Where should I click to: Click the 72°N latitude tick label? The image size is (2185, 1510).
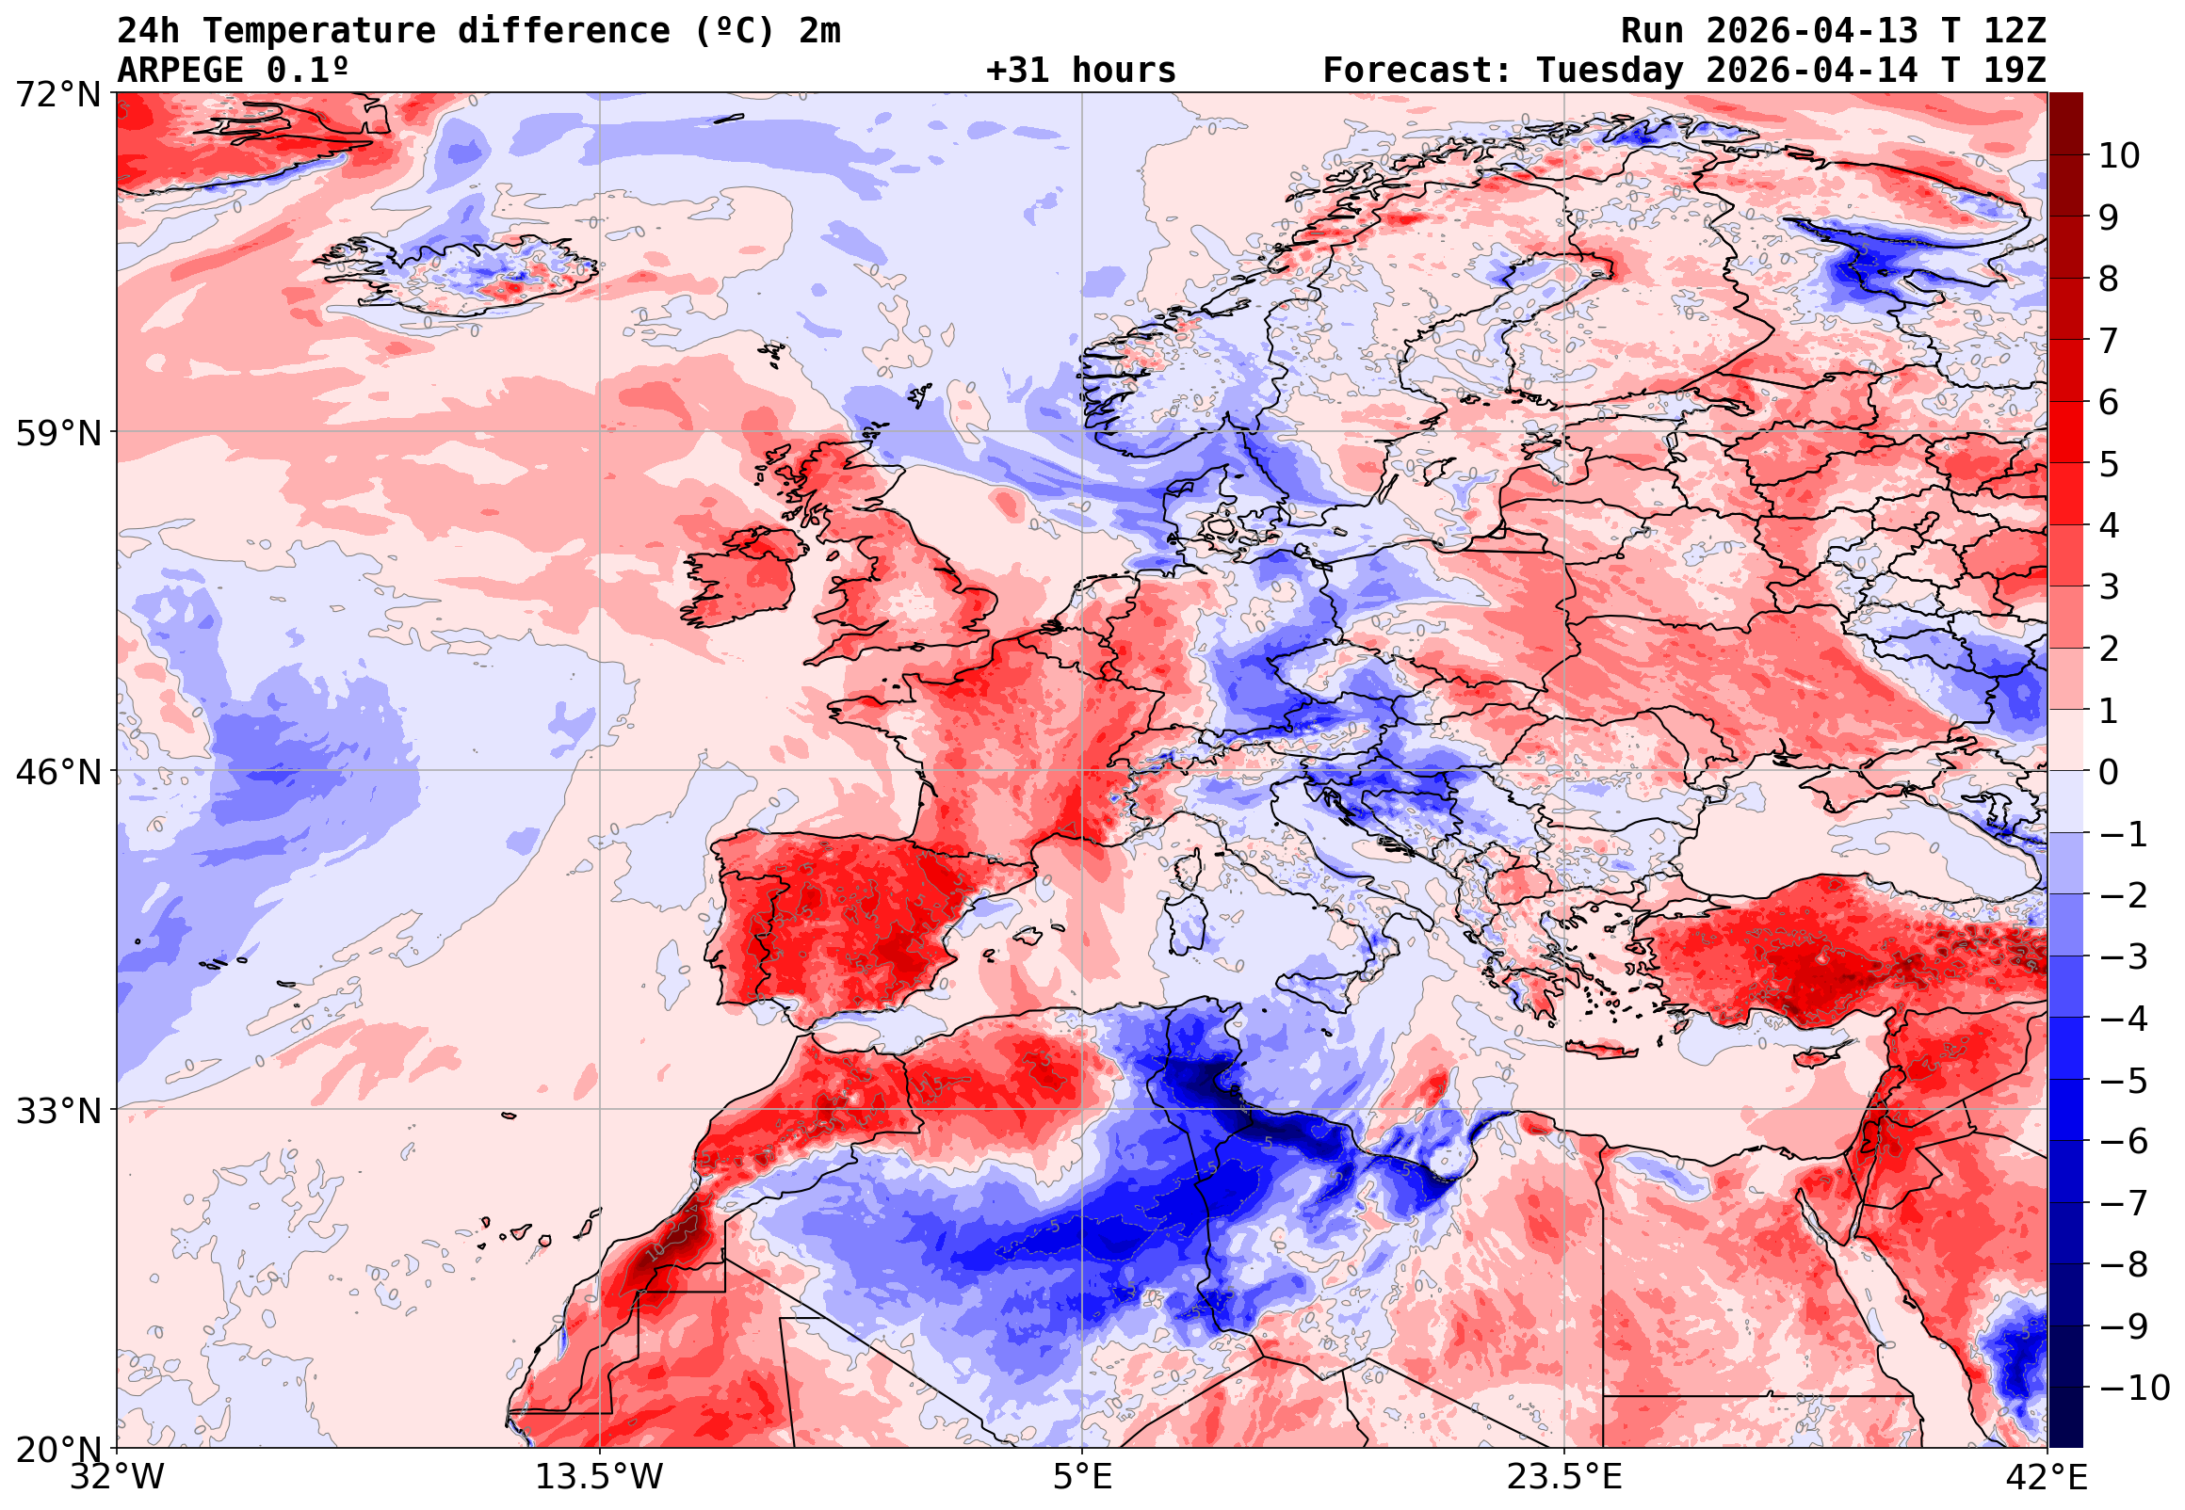click(x=57, y=95)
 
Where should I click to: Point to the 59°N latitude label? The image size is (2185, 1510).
click(x=57, y=434)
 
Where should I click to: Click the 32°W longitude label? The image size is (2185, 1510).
click(x=117, y=1477)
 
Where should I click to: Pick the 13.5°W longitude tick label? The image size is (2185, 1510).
click(x=600, y=1477)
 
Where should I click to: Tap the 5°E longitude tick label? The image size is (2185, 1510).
click(x=1082, y=1477)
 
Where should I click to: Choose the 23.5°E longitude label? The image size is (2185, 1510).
click(x=1565, y=1477)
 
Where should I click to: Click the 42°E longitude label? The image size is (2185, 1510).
click(x=2047, y=1477)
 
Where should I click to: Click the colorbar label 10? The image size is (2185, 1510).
click(x=2119, y=156)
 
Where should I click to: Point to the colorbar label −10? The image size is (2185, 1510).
click(x=2134, y=1388)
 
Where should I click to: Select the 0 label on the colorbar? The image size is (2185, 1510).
click(x=2109, y=772)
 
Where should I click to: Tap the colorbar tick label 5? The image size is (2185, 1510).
click(x=2109, y=464)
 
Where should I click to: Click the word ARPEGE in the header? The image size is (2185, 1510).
click(x=181, y=71)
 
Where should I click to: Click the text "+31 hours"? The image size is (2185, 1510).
click(x=1080, y=71)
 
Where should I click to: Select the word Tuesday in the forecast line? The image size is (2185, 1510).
click(x=1610, y=71)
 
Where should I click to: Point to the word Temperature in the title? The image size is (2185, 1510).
click(x=319, y=31)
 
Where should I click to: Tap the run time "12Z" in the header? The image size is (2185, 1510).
click(x=2015, y=31)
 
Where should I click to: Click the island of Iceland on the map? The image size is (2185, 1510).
click(x=463, y=274)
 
